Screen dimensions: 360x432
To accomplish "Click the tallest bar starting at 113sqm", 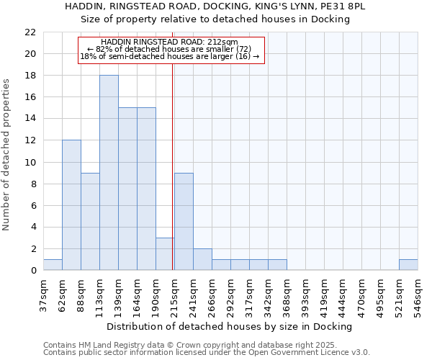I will (x=109, y=173).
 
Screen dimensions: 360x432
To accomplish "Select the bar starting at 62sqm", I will (x=71, y=205).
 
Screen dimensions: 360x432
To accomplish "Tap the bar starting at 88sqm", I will (x=90, y=221).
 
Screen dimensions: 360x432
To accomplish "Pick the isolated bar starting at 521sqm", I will (x=408, y=265).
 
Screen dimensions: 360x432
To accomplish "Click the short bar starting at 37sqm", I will (x=53, y=265).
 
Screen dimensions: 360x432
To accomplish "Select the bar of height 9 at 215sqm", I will (x=184, y=221).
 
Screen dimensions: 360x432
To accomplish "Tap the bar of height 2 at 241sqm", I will (x=202, y=259).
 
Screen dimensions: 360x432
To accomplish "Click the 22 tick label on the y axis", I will (x=30, y=32).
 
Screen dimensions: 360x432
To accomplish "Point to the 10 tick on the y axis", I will (x=30, y=162).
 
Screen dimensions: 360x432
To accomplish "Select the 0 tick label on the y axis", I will (x=33, y=271).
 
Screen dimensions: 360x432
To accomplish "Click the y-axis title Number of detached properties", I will (x=6, y=155).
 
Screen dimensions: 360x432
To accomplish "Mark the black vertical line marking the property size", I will (x=173, y=166).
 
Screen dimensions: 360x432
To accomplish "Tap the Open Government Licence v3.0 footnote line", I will (x=207, y=353).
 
